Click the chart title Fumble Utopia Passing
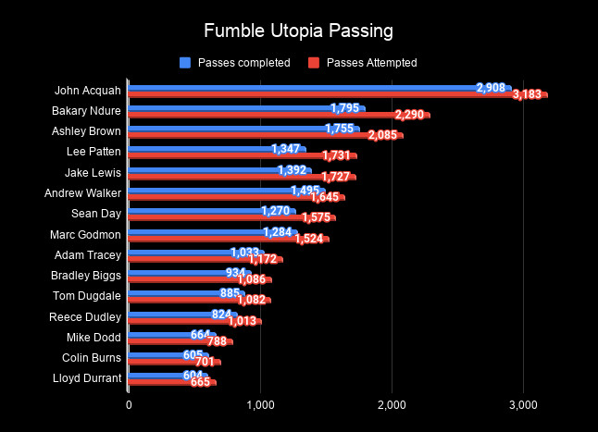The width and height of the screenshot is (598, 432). coord(298,31)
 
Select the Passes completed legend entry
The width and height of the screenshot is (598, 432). coord(234,63)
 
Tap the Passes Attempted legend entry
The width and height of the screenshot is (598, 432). coord(363,63)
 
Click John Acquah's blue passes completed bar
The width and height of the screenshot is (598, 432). coord(296,88)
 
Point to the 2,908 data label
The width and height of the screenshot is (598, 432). coord(491,88)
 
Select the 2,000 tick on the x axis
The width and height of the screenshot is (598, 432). coord(392,404)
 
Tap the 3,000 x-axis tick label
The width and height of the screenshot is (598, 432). coord(523,404)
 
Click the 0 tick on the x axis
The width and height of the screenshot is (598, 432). coord(129,404)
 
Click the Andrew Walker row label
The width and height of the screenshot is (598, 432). coord(82,192)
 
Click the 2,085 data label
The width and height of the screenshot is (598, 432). coord(383,136)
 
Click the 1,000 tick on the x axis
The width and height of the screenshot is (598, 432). coord(260,404)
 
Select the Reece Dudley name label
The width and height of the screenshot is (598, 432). coord(88,316)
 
